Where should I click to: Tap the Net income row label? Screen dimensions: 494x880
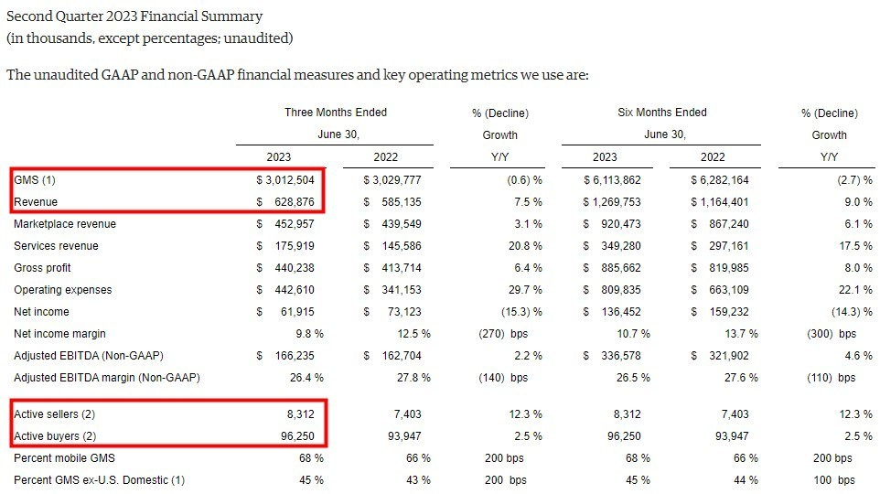(x=40, y=311)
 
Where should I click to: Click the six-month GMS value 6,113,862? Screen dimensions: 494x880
(x=617, y=179)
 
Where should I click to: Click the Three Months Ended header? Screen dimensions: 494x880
(x=336, y=113)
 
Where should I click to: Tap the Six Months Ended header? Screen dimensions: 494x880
(x=662, y=113)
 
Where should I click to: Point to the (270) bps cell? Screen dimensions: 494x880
(x=503, y=333)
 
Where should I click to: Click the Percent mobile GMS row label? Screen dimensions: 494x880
(x=63, y=457)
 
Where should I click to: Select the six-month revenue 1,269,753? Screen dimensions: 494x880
(x=617, y=201)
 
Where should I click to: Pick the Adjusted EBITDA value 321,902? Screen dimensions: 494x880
(x=723, y=355)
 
